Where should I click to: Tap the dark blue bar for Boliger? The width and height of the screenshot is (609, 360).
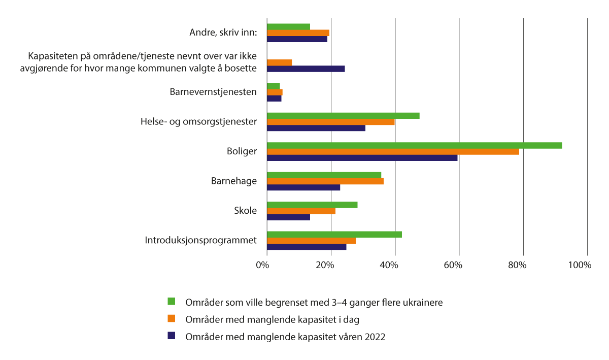362,158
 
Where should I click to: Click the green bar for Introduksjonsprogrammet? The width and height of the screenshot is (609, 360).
334,235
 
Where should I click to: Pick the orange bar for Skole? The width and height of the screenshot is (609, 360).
301,211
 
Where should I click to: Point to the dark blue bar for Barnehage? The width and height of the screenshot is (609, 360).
303,187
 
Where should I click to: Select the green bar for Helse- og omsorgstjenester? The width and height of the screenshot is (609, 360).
343,116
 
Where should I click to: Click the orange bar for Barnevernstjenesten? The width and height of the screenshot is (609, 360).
275,92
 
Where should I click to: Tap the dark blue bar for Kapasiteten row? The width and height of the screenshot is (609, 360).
306,69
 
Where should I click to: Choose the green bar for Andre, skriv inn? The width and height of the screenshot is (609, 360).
288,26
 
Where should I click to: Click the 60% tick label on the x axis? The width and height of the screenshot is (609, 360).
453,265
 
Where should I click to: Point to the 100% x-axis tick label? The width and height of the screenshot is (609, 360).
580,265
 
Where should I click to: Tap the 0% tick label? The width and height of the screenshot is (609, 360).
262,265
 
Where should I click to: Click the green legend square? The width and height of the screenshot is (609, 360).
172,302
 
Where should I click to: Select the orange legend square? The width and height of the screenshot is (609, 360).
172,319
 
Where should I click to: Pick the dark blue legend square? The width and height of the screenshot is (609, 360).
172,336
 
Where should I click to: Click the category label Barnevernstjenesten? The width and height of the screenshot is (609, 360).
213,92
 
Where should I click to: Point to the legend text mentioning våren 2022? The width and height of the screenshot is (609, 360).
286,337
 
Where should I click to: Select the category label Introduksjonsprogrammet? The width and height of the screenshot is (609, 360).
200,240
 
